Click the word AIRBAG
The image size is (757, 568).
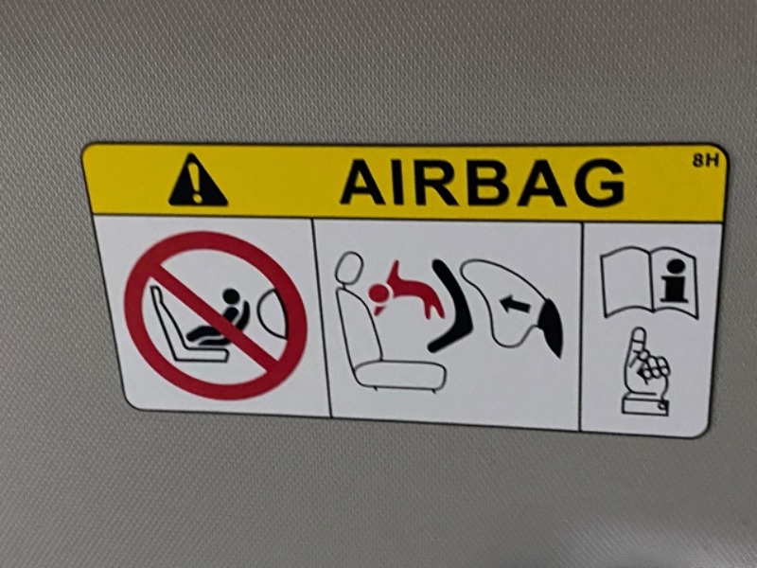pos(483,183)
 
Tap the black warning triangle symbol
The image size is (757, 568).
pos(197,180)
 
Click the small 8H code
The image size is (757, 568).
pos(705,160)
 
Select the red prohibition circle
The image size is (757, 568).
pos(216,316)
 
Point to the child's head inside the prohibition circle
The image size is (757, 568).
pos(231,296)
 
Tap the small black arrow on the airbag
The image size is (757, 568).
pos(514,304)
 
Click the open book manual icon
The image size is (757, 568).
pos(649,281)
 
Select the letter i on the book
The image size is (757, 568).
pos(674,280)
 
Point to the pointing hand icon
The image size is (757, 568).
pos(645,371)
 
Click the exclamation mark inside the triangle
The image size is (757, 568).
pos(197,183)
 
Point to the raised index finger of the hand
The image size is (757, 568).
pos(637,344)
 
